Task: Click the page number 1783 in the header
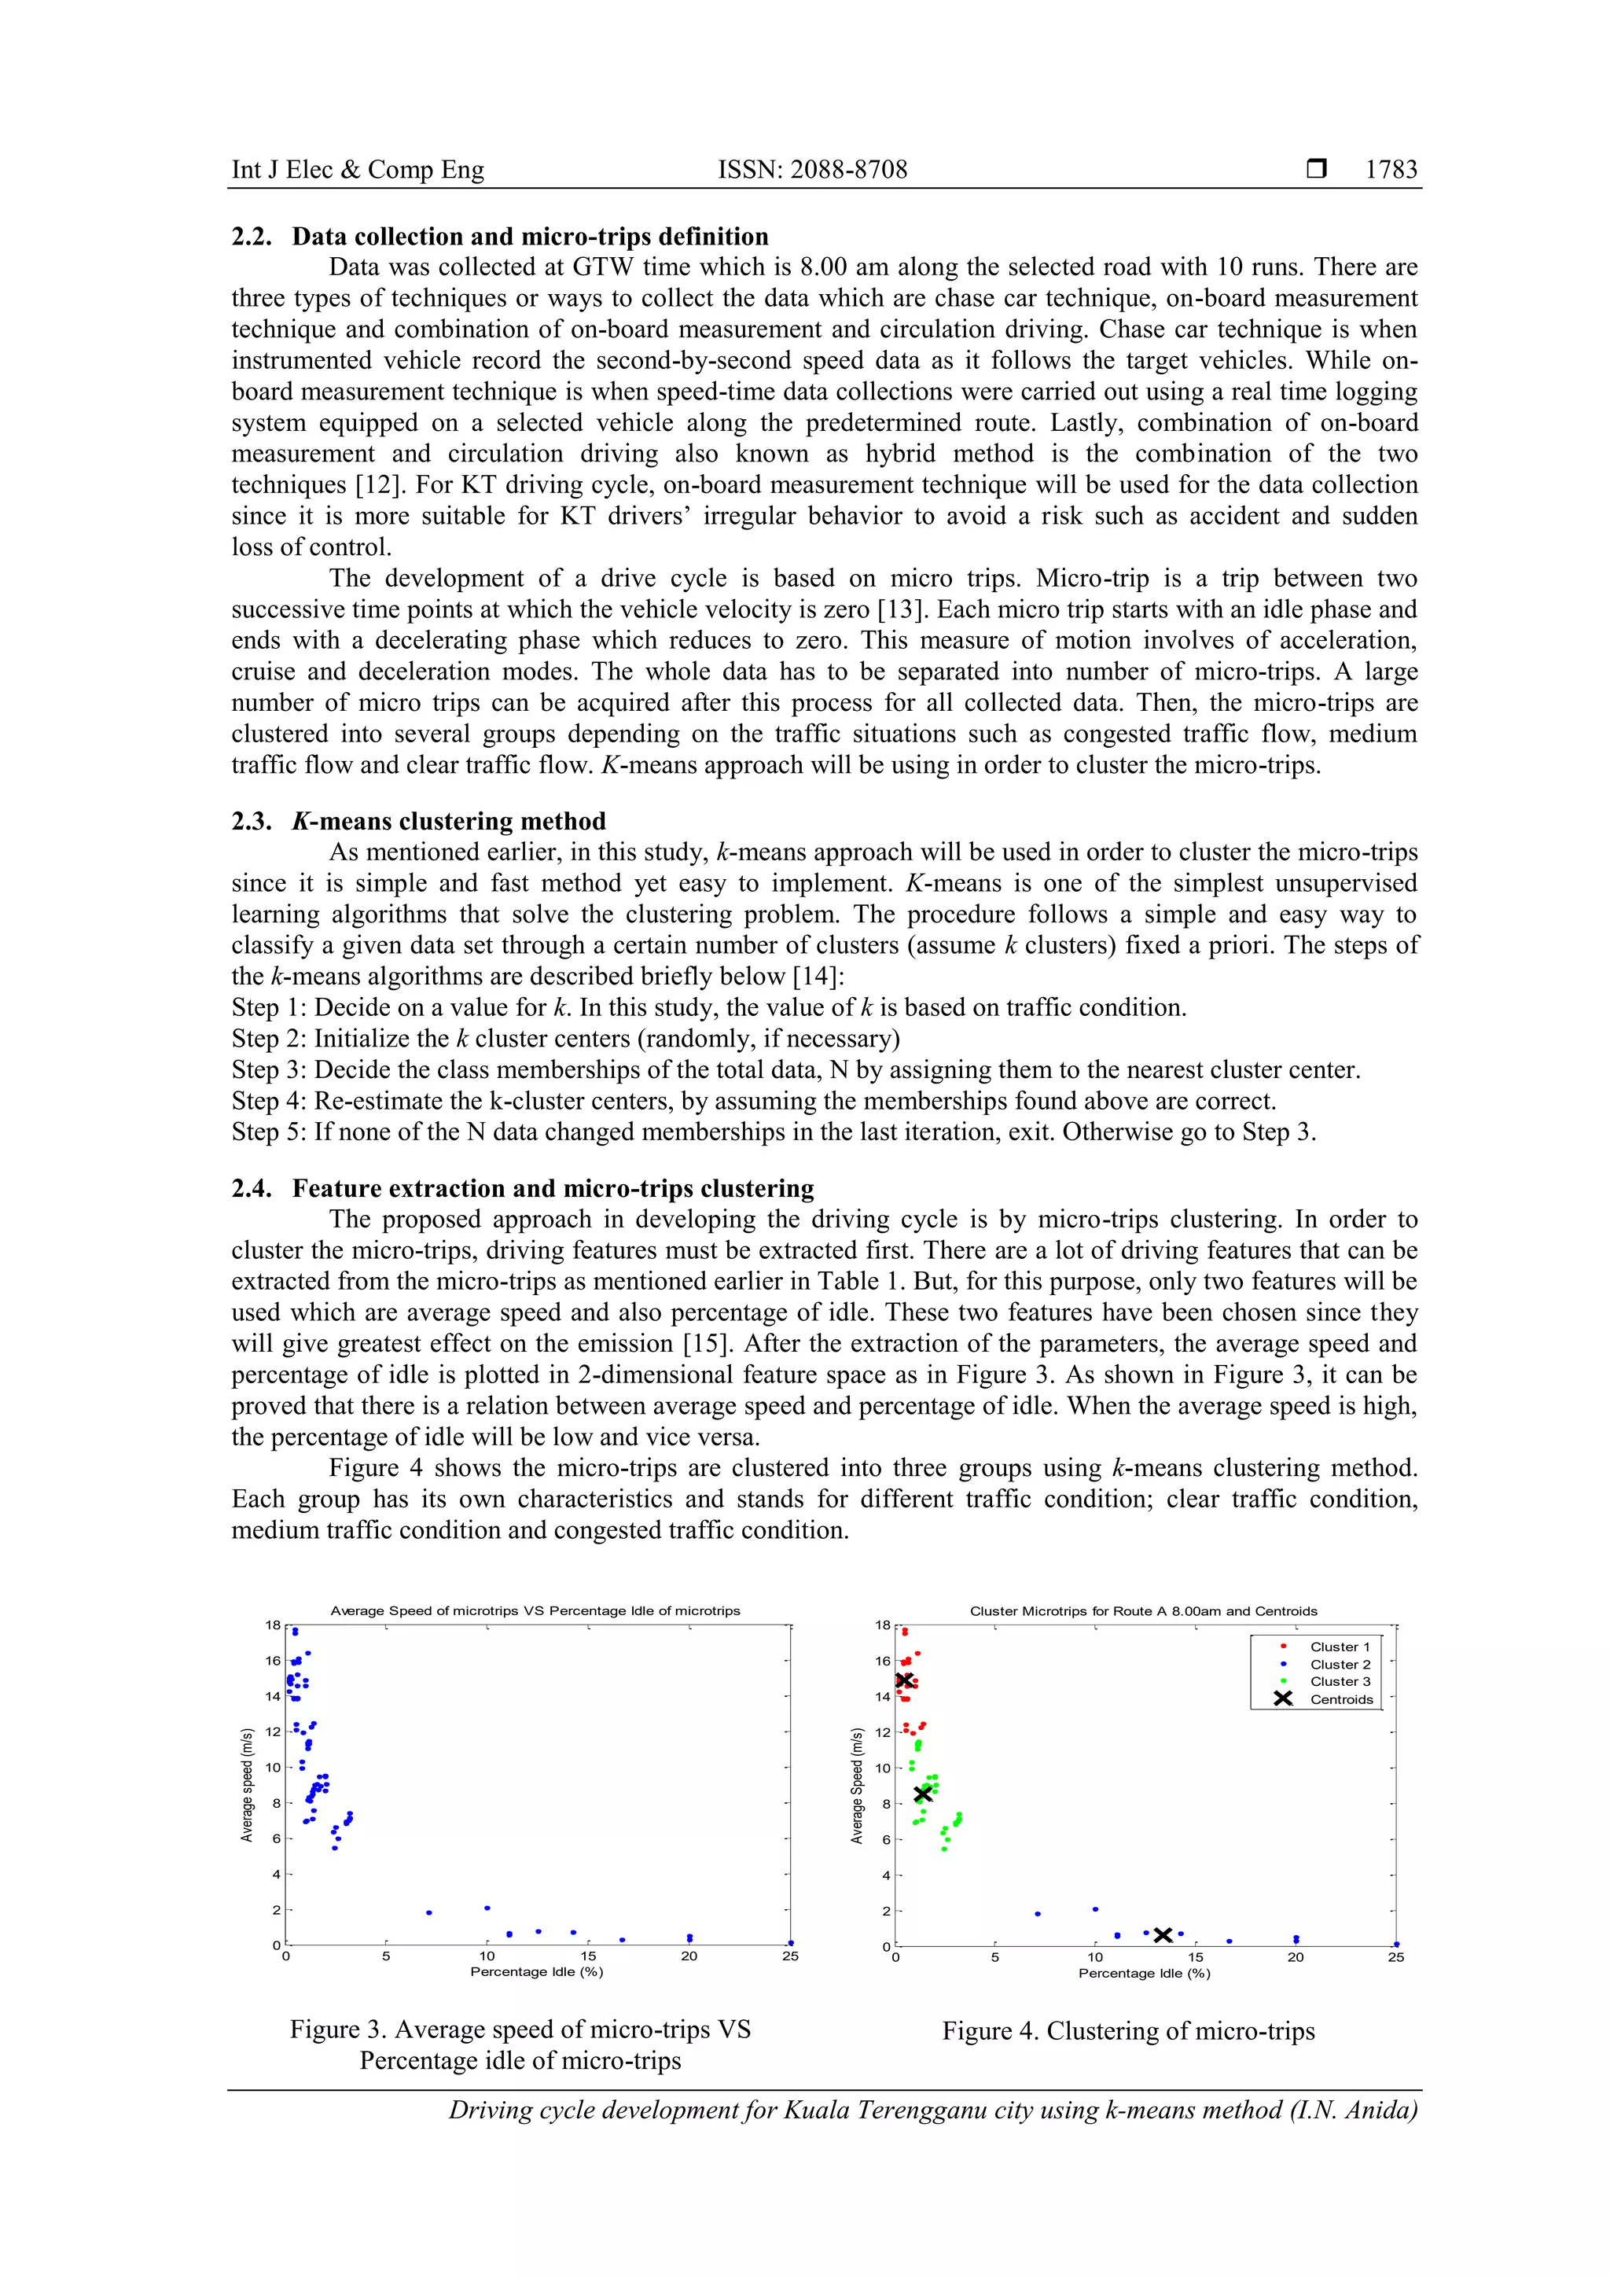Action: [1391, 170]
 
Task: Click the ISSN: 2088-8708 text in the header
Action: [812, 170]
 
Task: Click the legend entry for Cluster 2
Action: [1340, 1664]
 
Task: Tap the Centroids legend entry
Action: [1341, 1698]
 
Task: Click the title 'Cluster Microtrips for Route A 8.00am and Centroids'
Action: [1143, 1611]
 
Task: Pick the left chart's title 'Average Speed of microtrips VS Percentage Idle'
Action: [535, 1610]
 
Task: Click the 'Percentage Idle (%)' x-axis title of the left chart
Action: [537, 1971]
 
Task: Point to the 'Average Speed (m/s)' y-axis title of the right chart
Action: [857, 1786]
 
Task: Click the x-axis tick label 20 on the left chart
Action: [689, 1956]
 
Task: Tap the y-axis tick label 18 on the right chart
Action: [882, 1625]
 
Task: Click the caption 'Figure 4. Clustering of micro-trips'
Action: [1128, 2031]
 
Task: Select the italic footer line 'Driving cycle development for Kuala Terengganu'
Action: [932, 2110]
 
